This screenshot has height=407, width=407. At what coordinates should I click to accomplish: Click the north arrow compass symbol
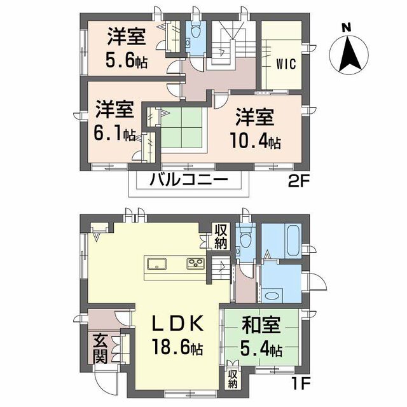pos(348,55)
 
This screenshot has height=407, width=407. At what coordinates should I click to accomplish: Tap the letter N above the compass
pos(346,27)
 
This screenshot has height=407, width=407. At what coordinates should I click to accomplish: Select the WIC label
pos(286,64)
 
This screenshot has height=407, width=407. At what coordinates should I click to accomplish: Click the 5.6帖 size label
pos(127,61)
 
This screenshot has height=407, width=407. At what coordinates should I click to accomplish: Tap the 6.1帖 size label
pos(114,134)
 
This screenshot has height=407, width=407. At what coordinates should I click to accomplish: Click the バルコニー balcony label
pos(189,179)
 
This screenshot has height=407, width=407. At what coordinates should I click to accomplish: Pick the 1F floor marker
pos(301,384)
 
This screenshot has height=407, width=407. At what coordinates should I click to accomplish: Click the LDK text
pos(178,323)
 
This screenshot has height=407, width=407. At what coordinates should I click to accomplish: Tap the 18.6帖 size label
pos(178,347)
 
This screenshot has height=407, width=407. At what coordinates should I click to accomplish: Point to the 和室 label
pos(261,325)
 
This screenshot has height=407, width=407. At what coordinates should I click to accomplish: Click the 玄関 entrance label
pos(100,348)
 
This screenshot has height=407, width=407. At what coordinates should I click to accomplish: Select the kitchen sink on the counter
pos(157,265)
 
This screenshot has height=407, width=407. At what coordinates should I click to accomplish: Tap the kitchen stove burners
pos(196,263)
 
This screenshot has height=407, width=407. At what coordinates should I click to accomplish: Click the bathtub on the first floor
pos(293,240)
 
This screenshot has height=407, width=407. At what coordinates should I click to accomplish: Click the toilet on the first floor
pos(245,237)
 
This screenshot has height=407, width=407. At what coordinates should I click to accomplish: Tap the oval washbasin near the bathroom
pos(272,296)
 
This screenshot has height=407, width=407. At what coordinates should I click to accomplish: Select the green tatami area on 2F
pos(181,128)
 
